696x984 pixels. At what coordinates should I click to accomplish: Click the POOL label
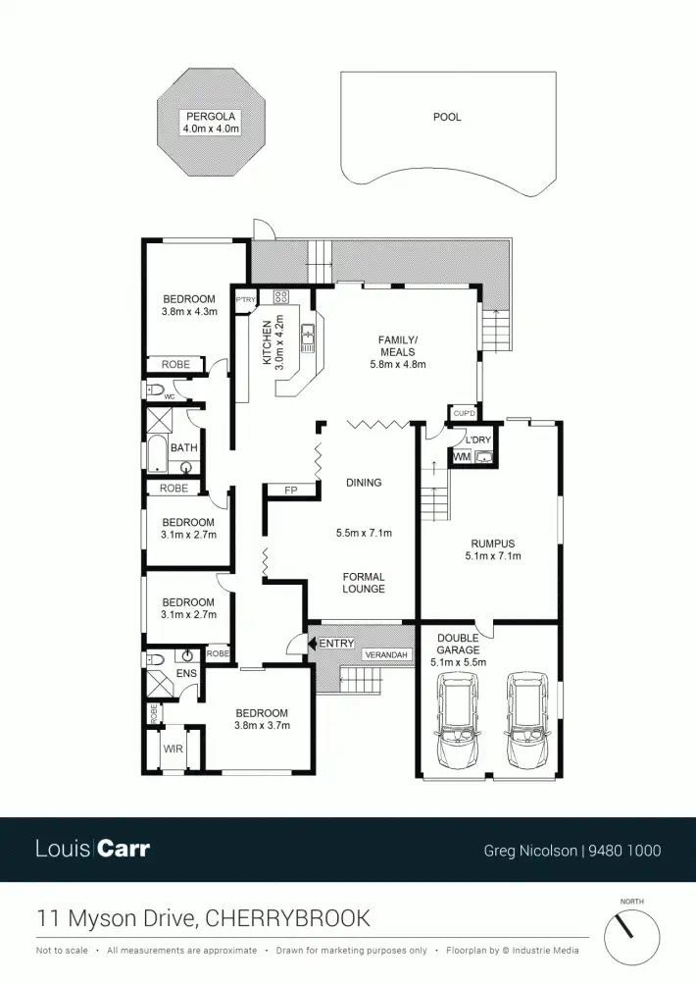(447, 117)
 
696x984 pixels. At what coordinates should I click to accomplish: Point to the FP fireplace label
(290, 490)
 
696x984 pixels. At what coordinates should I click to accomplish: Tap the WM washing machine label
(462, 457)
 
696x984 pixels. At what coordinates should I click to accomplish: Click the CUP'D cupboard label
(461, 412)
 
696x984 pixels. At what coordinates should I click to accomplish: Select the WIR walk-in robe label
(173, 749)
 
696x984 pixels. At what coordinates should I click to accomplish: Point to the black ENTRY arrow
(312, 643)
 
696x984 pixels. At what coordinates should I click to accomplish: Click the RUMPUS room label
(492, 544)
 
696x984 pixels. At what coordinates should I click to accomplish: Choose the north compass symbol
(625, 933)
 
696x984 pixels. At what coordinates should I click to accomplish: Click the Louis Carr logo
(92, 849)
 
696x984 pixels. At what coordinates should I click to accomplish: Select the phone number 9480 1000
(624, 851)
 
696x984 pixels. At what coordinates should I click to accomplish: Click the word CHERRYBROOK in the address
(288, 918)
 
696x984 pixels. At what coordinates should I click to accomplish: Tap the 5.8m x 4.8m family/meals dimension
(397, 364)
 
